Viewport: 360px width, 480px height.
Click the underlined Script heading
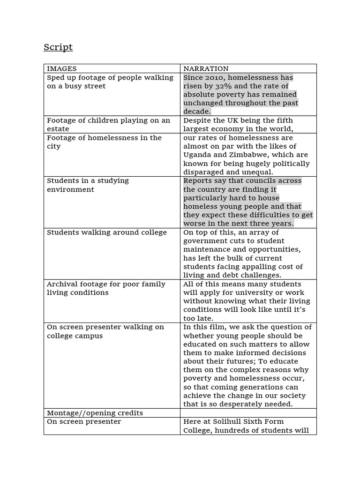click(x=58, y=47)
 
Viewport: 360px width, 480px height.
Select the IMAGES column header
click(x=61, y=68)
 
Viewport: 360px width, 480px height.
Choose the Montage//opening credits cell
click(x=95, y=413)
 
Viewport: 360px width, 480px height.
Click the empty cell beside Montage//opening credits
click(x=248, y=413)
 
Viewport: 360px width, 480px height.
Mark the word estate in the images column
click(x=58, y=129)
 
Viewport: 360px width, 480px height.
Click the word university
click(x=248, y=292)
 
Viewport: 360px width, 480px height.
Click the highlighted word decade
click(x=197, y=112)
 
